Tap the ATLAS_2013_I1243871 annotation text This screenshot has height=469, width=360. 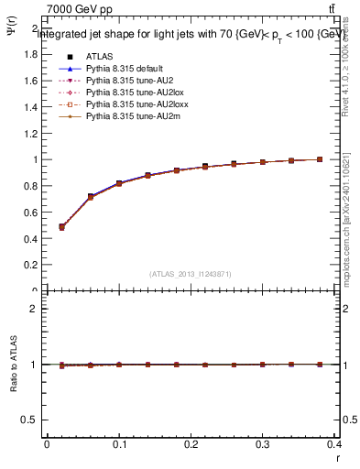[x=191, y=274]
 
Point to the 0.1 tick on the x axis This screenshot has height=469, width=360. [x=119, y=443]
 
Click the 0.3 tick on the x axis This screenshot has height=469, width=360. [x=266, y=443]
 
